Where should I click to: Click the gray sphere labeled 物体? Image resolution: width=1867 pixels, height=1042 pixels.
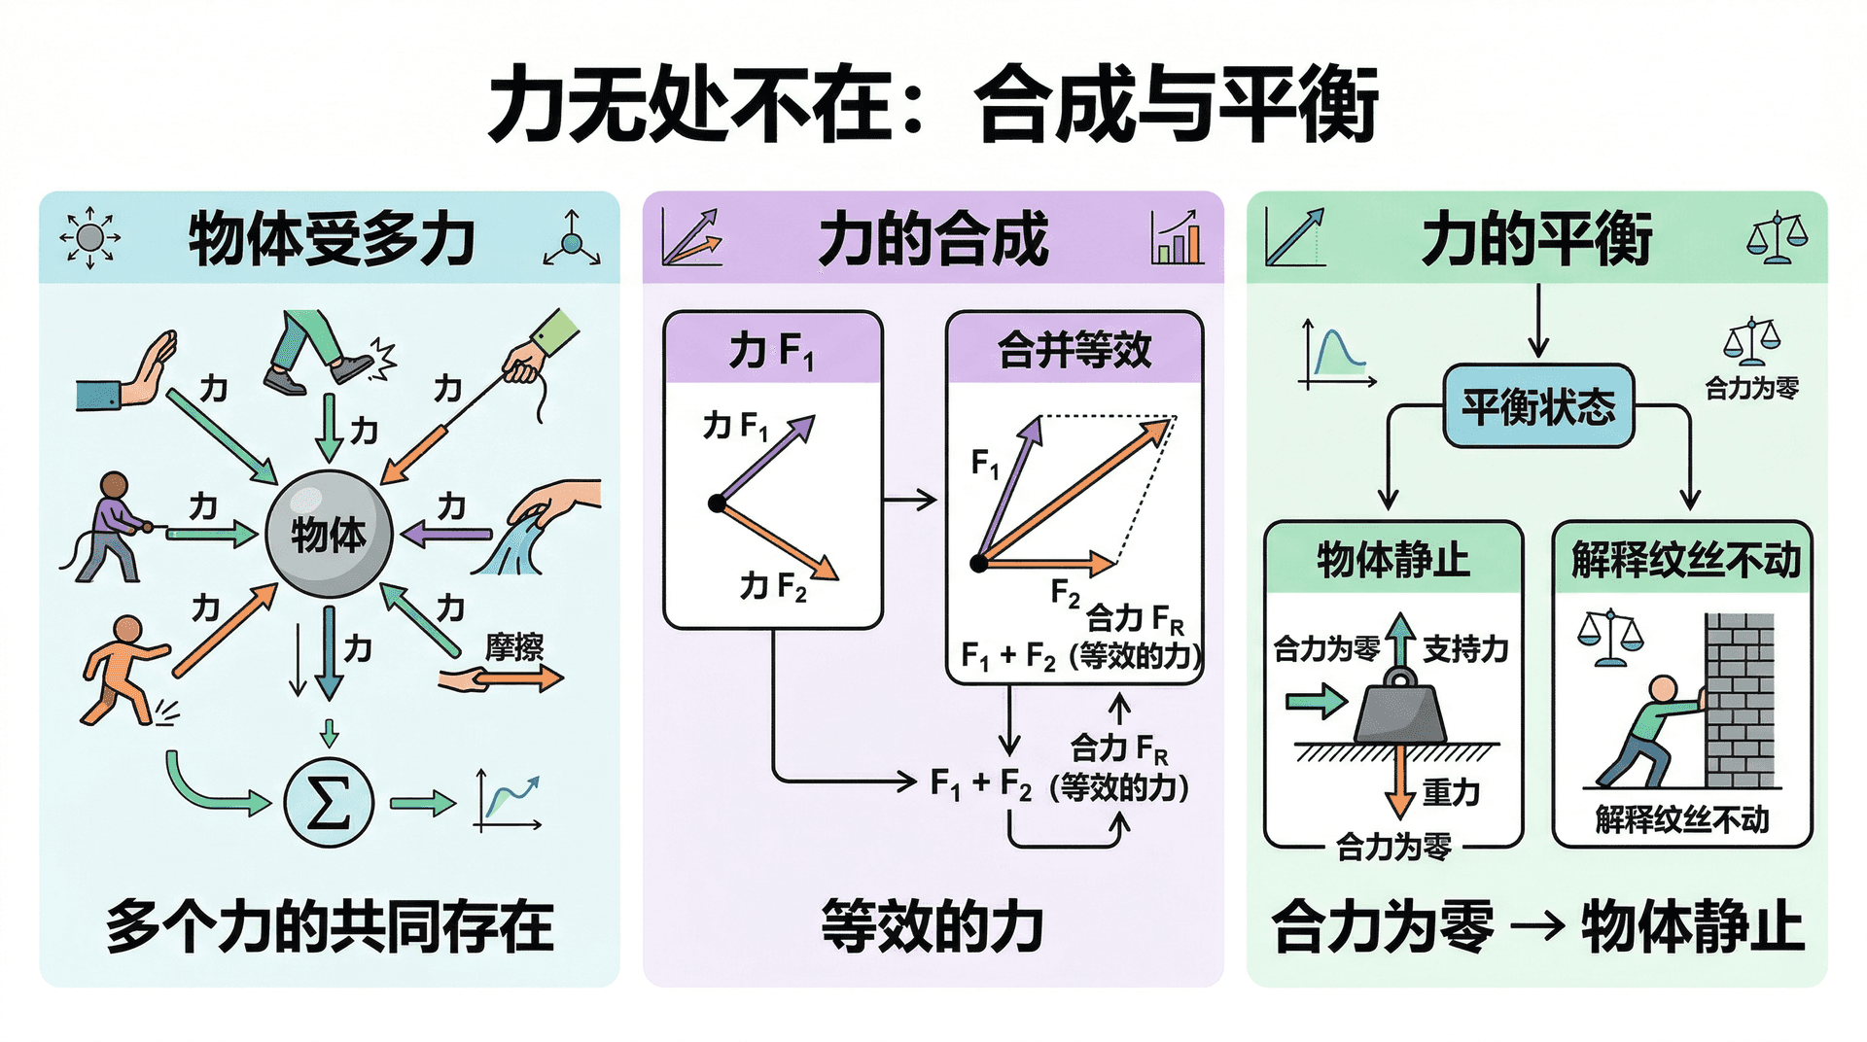point(329,534)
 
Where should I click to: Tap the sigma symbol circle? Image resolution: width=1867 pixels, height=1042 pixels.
point(329,802)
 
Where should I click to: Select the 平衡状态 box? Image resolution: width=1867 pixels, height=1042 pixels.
point(1538,406)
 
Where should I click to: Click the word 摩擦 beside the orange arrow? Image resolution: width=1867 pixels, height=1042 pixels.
point(514,647)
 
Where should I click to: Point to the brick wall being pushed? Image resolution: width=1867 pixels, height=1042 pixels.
point(1740,700)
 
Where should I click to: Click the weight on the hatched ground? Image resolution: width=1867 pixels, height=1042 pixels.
point(1400,714)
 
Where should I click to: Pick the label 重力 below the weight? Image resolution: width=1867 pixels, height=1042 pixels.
point(1452,792)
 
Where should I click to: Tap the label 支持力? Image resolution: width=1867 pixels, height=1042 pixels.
point(1465,648)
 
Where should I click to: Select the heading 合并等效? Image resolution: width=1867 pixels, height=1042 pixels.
point(1074,350)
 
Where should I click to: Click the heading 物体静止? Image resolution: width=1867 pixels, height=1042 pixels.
point(1392,560)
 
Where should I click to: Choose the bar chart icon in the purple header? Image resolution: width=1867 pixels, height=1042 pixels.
point(1177,238)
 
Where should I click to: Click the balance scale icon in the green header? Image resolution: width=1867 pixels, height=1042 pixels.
point(1777,238)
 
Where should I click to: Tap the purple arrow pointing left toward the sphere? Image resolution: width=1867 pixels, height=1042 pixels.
point(448,534)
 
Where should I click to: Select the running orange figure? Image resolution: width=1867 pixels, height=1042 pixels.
point(122,671)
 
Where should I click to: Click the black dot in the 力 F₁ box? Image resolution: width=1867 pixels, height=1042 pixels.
point(717,503)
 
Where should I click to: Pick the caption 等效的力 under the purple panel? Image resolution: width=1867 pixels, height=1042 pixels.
point(933,925)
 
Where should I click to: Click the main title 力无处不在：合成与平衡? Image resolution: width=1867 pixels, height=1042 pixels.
point(933,104)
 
